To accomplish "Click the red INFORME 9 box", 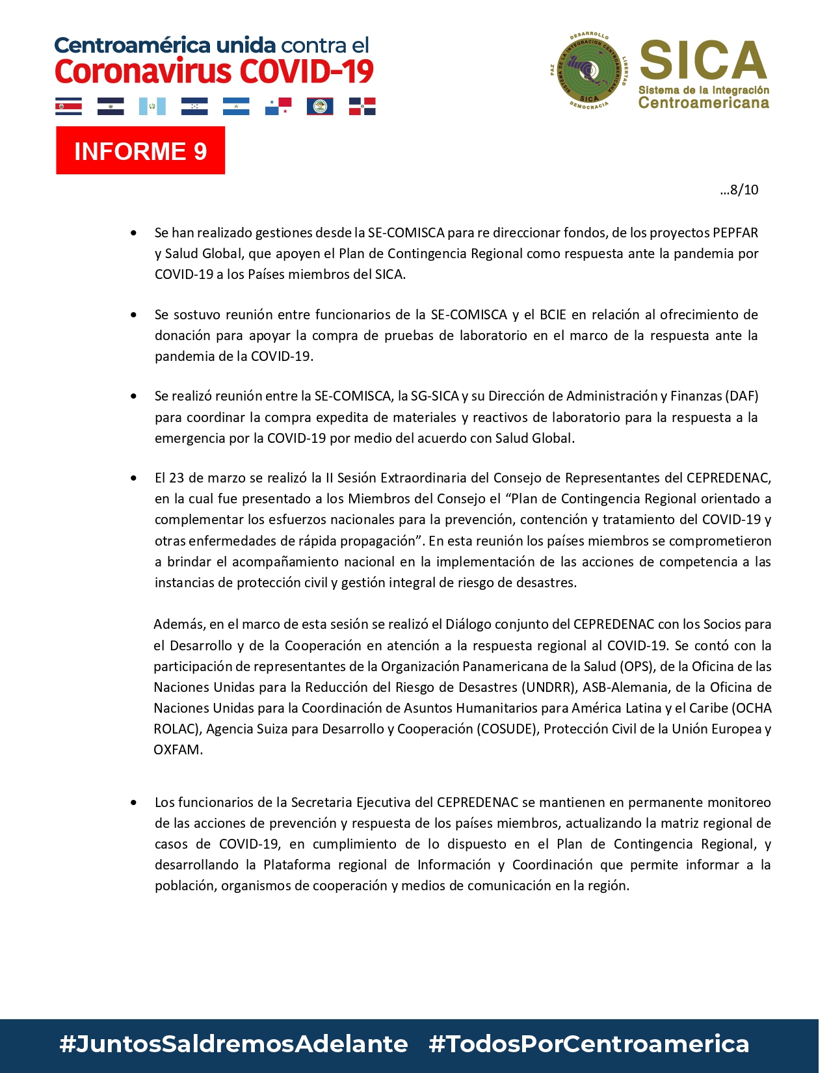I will click(x=140, y=150).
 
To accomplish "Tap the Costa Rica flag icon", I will click(x=68, y=106).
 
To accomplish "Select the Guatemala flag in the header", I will click(x=152, y=106).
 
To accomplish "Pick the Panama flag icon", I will click(x=278, y=106).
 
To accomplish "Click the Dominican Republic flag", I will click(x=362, y=106).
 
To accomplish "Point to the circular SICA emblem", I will click(x=589, y=71).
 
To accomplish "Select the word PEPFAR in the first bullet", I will click(x=735, y=233).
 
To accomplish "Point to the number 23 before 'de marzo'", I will click(x=176, y=478).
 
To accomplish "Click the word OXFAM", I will click(x=178, y=750).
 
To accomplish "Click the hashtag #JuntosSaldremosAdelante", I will click(x=233, y=1044).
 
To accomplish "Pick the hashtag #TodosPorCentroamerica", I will click(x=588, y=1044).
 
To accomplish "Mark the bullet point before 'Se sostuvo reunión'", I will click(x=134, y=315).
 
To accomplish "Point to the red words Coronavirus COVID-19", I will click(x=214, y=72).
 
